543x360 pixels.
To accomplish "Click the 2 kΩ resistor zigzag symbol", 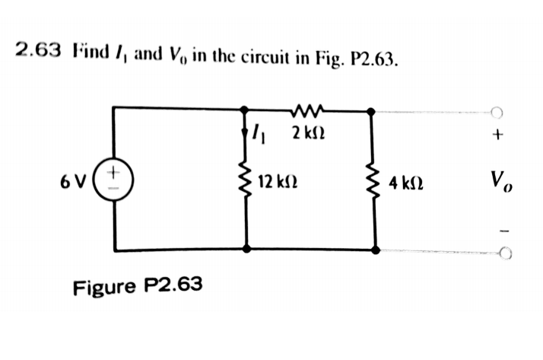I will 309,110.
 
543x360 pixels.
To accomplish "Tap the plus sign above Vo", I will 498,137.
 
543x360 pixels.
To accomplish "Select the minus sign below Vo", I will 499,228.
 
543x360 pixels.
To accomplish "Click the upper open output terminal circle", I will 498,111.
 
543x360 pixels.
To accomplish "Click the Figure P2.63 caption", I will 138,286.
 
